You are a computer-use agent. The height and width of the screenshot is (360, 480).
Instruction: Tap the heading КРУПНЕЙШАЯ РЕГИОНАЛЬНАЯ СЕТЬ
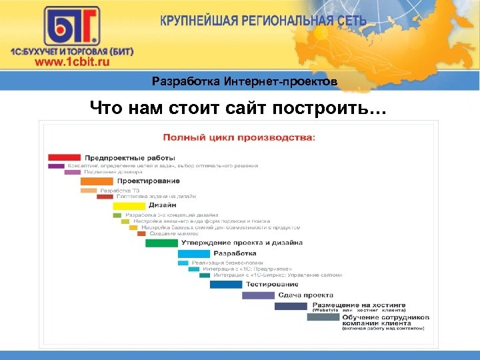pyautogui.click(x=263, y=20)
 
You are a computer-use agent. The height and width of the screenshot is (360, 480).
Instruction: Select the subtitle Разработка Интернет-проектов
pyautogui.click(x=244, y=82)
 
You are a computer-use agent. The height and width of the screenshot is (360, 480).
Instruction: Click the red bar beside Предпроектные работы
pyautogui.click(x=64, y=157)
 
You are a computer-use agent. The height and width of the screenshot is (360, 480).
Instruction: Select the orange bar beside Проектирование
pyautogui.click(x=97, y=181)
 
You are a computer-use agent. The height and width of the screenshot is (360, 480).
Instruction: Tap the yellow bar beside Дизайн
pyautogui.click(x=129, y=206)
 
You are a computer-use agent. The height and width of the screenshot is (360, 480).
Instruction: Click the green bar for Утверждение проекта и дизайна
pyautogui.click(x=161, y=243)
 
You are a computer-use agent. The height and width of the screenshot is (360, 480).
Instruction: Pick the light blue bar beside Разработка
pyautogui.click(x=193, y=253)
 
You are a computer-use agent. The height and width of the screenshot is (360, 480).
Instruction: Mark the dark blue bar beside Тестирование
pyautogui.click(x=226, y=284)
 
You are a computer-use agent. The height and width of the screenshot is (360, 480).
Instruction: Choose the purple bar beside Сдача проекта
pyautogui.click(x=258, y=295)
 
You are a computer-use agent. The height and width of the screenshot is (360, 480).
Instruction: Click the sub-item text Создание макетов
pyautogui.click(x=171, y=233)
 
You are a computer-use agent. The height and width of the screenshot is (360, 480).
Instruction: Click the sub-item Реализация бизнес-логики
pyautogui.click(x=221, y=263)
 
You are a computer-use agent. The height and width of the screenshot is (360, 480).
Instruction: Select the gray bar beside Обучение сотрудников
pyautogui.click(x=323, y=317)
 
